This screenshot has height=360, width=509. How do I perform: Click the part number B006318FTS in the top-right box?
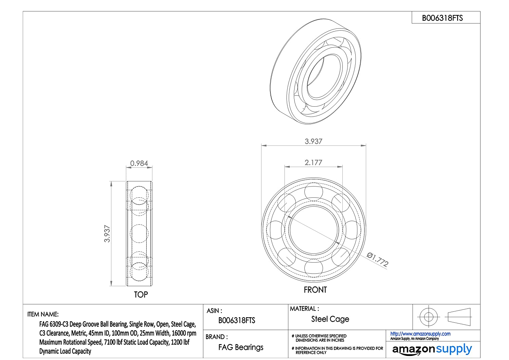pyautogui.click(x=442, y=18)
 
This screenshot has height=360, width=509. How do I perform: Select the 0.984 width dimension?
pyautogui.click(x=139, y=163)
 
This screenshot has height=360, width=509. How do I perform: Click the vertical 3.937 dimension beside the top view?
pyautogui.click(x=107, y=234)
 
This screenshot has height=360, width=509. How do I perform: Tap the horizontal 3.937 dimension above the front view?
pyautogui.click(x=313, y=141)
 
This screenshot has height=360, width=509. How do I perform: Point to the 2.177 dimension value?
pyautogui.click(x=313, y=162)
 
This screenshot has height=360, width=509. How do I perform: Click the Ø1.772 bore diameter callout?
pyautogui.click(x=377, y=259)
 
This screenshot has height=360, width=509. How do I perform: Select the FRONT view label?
pyautogui.click(x=315, y=290)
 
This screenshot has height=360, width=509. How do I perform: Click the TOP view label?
pyautogui.click(x=141, y=294)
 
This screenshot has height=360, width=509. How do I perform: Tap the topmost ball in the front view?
pyautogui.click(x=314, y=192)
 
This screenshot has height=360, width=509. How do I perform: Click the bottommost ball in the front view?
pyautogui.click(x=314, y=268)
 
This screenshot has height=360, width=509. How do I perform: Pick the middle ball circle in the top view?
pyautogui.click(x=139, y=234)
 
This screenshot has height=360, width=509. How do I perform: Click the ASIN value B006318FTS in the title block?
pyautogui.click(x=237, y=320)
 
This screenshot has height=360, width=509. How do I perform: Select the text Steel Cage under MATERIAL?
pyautogui.click(x=330, y=319)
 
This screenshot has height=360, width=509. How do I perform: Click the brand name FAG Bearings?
pyautogui.click(x=241, y=347)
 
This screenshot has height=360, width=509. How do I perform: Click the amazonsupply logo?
pyautogui.click(x=432, y=349)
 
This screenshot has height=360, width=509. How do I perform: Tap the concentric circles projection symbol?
pyautogui.click(x=429, y=317)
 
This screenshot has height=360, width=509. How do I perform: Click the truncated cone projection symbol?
pyautogui.click(x=459, y=317)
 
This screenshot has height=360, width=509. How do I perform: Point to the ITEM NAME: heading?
pyautogui.click(x=43, y=314)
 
